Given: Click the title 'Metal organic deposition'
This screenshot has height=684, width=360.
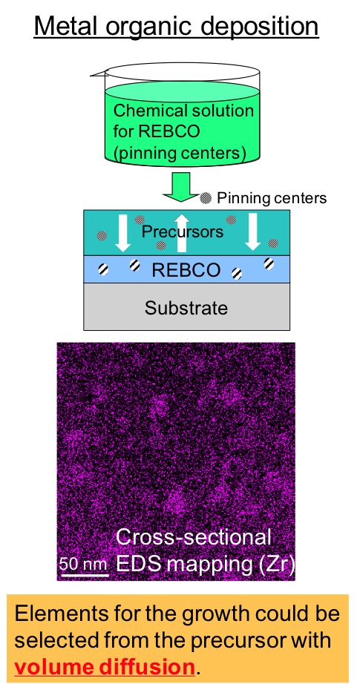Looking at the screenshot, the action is coord(177,27).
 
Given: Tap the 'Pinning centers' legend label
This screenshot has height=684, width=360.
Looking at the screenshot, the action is coord(272,198).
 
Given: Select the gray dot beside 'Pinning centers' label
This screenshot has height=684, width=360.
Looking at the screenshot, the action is coord(206,198).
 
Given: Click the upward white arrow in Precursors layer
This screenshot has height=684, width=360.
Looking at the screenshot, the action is coord(182,234).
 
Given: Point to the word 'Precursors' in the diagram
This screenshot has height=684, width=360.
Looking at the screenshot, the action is coord(183,231).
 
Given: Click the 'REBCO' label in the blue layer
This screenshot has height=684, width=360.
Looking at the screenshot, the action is coord(186,271).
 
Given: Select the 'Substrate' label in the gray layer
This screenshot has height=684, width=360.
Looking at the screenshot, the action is coord(186,308).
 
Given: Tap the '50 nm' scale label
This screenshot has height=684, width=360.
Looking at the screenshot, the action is coord(83,564).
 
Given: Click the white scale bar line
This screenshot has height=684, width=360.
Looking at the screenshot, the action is coord(84,574).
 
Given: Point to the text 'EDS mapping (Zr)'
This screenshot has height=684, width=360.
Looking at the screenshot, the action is coord(206,564).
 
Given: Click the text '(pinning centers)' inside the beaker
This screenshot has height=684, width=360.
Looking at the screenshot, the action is coord(180,153).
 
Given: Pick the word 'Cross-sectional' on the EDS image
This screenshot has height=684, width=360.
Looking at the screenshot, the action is coord(193,537).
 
